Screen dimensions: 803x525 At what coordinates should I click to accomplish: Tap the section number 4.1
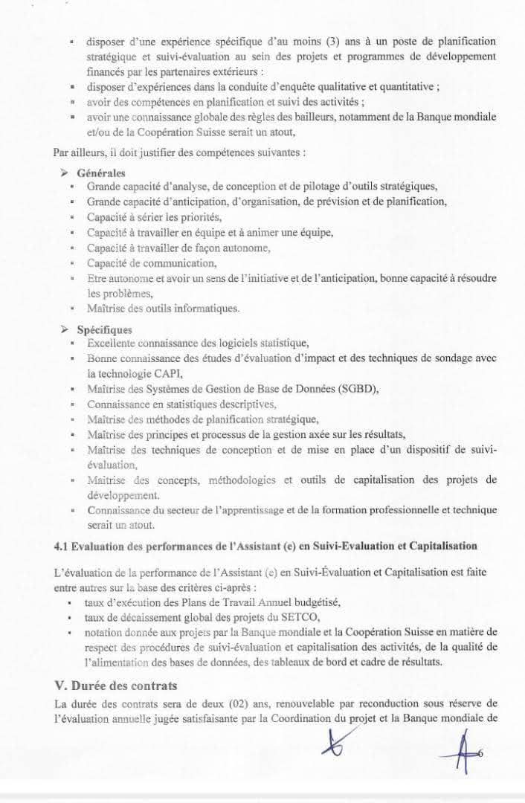(x=62, y=546)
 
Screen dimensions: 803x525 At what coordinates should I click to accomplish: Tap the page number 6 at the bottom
(x=480, y=754)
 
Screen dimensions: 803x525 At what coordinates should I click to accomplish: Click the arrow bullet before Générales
(x=64, y=173)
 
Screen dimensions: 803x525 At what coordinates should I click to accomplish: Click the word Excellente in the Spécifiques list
(x=113, y=344)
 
